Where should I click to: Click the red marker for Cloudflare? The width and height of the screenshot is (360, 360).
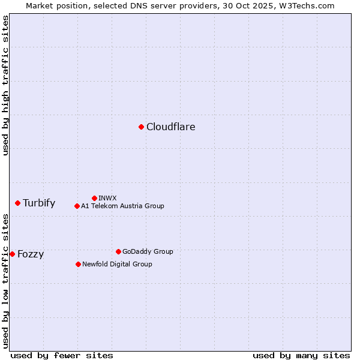coord(141,127)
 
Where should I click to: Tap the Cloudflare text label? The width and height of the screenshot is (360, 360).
coord(170,127)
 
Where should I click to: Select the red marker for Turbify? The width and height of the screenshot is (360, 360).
coord(17,203)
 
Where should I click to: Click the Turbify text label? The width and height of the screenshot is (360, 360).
coord(39,203)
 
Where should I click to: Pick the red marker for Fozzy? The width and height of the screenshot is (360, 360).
coord(12,254)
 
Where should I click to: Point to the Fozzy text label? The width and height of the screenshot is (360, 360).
coord(31,254)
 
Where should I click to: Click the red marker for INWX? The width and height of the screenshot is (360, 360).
coord(94,198)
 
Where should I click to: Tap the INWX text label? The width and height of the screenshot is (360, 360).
coord(107,198)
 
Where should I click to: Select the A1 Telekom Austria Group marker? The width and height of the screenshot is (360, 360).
coord(77,206)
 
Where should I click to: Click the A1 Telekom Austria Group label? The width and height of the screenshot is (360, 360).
coord(122,206)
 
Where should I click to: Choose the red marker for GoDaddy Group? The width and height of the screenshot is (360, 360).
coord(118,251)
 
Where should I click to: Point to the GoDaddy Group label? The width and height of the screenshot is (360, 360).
coord(148,251)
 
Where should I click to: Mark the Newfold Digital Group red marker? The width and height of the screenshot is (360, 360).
coord(78,264)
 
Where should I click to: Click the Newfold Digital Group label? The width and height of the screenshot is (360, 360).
coord(117,264)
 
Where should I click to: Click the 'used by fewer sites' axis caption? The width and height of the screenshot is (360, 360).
coord(62,355)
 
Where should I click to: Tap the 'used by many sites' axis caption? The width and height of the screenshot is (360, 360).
coord(301,355)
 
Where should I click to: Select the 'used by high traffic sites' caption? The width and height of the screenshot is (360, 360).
coord(6,85)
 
